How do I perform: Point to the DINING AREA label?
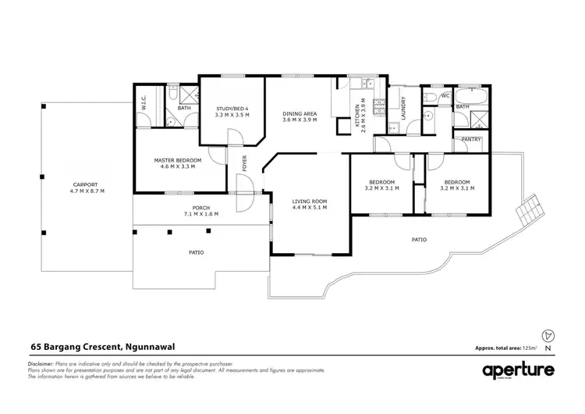click(300, 113)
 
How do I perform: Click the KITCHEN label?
click(358, 117)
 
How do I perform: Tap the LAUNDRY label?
click(403, 107)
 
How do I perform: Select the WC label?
click(446, 95)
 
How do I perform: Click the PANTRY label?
click(471, 140)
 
